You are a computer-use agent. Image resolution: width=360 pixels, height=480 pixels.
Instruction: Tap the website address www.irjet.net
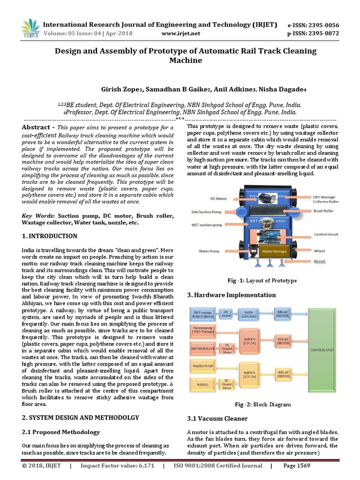click(180, 34)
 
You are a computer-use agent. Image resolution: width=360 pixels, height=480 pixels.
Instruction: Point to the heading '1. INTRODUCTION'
click(50, 236)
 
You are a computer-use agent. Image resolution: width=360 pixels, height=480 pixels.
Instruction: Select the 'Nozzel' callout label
click(320, 261)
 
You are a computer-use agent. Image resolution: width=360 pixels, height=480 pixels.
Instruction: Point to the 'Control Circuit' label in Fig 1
click(327, 234)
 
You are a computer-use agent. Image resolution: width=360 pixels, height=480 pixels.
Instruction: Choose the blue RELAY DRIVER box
click(283, 314)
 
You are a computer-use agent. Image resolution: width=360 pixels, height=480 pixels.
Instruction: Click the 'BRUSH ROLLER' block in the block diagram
click(203, 349)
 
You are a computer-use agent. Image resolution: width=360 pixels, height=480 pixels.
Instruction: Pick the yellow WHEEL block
click(203, 384)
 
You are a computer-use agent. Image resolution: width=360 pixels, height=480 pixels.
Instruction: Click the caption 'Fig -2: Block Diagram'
click(262, 405)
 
